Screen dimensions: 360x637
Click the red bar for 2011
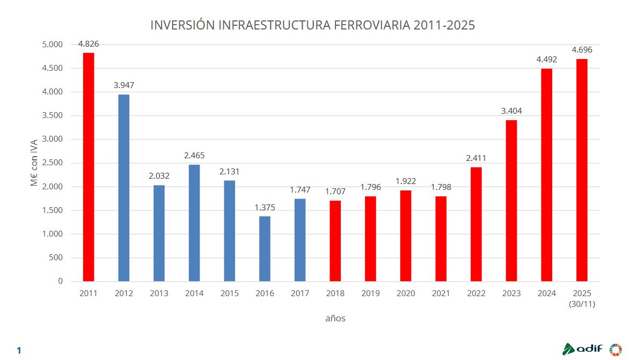click(89, 167)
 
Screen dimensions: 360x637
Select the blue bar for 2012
click(124, 188)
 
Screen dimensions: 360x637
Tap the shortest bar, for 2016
click(265, 248)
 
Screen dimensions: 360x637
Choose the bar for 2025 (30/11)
click(582, 170)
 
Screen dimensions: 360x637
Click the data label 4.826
click(89, 44)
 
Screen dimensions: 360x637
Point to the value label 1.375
click(265, 208)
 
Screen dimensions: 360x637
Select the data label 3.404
click(511, 111)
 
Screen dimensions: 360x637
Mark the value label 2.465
click(194, 156)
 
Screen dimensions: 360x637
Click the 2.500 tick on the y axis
click(52, 163)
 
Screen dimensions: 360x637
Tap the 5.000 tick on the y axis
click(52, 45)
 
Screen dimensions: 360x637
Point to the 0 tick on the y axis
click(60, 281)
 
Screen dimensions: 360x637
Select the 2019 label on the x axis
click(370, 293)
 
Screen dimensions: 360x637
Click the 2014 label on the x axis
click(194, 293)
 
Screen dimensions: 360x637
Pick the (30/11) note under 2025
click(582, 304)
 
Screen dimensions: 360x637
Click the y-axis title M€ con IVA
click(34, 163)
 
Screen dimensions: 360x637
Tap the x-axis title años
click(335, 319)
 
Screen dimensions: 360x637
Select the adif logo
click(583, 349)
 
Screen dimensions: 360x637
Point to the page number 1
click(19, 351)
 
